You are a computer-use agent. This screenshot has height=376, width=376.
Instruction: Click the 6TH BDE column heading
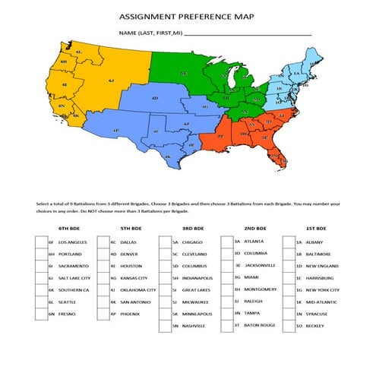[x=69, y=228]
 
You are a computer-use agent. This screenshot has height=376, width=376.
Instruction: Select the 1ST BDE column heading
[x=316, y=228]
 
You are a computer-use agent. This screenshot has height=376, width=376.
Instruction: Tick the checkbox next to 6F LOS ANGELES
[x=40, y=242]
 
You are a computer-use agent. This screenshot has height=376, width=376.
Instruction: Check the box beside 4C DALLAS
[x=103, y=242]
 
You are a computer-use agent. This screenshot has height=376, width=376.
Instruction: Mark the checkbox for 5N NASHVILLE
[x=165, y=325]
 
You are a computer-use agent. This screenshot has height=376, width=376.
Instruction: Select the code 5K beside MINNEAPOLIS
[x=175, y=313]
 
